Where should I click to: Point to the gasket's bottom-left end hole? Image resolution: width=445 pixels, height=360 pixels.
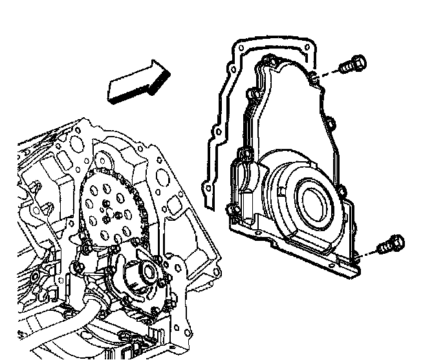(x=208, y=188)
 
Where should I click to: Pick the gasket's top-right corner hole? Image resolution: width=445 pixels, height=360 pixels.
(x=306, y=47)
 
